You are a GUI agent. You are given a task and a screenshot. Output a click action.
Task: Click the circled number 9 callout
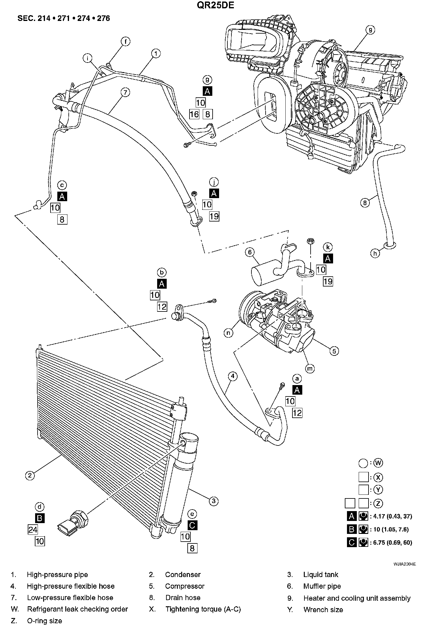click(x=370, y=30)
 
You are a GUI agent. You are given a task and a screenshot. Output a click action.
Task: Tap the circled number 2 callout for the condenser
click(x=30, y=475)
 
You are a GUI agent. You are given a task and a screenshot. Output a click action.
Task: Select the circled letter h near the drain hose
click(x=375, y=254)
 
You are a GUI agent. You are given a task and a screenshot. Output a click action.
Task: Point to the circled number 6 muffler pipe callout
click(x=250, y=252)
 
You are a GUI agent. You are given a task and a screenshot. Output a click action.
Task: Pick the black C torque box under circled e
click(x=192, y=525)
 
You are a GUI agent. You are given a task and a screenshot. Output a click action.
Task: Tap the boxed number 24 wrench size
click(x=33, y=530)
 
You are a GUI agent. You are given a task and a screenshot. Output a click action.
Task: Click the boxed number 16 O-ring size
click(x=194, y=114)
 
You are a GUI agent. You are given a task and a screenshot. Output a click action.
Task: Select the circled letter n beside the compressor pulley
click(x=228, y=333)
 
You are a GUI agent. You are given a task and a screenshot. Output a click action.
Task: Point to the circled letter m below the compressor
click(x=310, y=368)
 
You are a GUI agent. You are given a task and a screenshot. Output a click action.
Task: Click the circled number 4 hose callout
click(x=233, y=376)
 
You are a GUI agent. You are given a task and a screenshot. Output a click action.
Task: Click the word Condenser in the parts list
click(x=183, y=575)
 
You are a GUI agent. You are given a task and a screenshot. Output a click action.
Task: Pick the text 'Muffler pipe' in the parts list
click(x=322, y=586)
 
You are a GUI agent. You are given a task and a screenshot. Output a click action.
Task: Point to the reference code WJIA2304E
click(x=405, y=564)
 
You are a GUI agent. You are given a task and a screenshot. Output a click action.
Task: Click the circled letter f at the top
click(x=125, y=41)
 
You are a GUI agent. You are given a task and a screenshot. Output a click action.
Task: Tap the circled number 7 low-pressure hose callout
click(x=125, y=92)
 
